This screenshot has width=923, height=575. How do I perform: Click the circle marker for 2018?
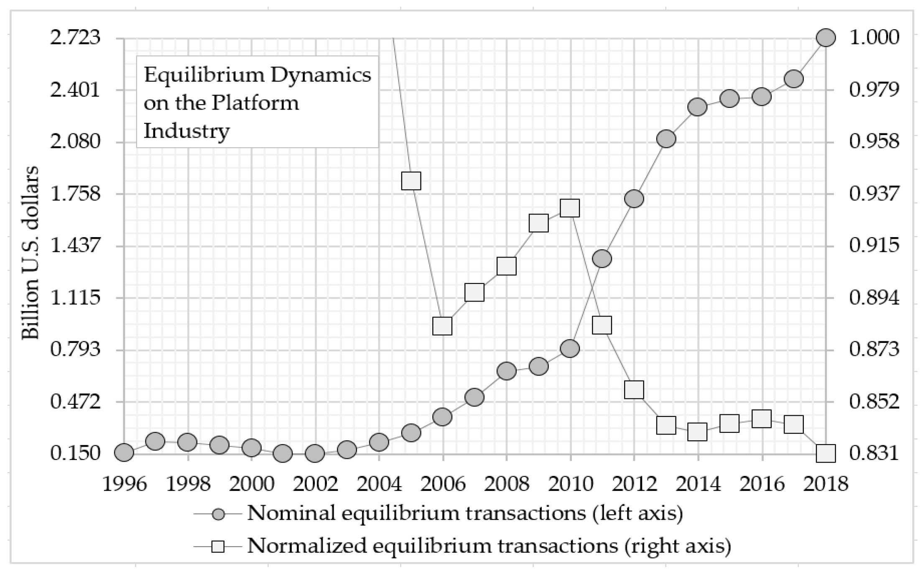pyautogui.click(x=826, y=38)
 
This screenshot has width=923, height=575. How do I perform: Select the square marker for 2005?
pyautogui.click(x=411, y=181)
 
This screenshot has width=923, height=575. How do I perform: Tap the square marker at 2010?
pyautogui.click(x=570, y=208)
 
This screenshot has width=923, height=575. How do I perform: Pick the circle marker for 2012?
pyautogui.click(x=634, y=199)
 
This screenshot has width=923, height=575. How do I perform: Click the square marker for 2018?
pyautogui.click(x=826, y=454)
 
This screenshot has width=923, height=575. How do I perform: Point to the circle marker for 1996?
pyautogui.click(x=124, y=452)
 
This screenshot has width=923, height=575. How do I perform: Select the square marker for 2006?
pyautogui.click(x=442, y=326)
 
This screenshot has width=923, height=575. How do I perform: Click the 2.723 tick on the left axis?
pyautogui.click(x=76, y=38)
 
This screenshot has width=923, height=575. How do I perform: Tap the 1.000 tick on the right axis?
pyautogui.click(x=874, y=38)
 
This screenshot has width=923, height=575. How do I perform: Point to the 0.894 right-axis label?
pyautogui.click(x=874, y=298)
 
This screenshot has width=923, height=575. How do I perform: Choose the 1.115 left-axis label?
pyautogui.click(x=76, y=298)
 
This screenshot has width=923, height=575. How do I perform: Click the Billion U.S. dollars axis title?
pyautogui.click(x=31, y=253)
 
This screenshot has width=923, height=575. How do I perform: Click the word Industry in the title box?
pyautogui.click(x=186, y=131)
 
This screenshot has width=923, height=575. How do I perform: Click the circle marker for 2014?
pyautogui.click(x=697, y=107)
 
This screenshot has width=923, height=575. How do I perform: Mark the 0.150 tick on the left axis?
pyautogui.click(x=76, y=454)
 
